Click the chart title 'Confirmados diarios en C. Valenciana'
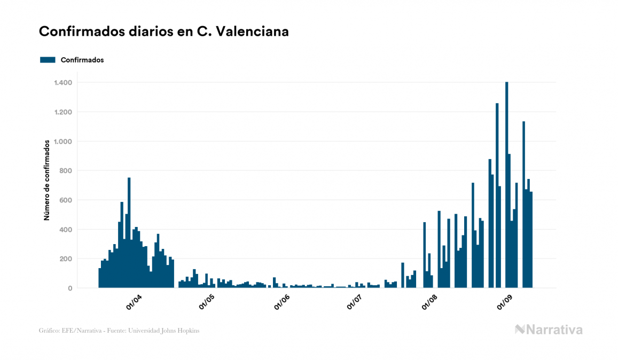pos(164,32)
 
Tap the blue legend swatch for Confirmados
pos(48,60)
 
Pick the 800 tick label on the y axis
pos(65,171)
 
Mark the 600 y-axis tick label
pos(65,200)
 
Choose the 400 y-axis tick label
pos(65,230)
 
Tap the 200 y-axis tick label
pos(65,259)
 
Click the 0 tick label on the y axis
pos(69,288)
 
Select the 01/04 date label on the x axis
pos(134,303)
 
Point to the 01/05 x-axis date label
pos(207,303)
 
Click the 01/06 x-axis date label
pos(281,303)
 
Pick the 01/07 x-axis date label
pos(355,303)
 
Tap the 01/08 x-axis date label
pos(429,303)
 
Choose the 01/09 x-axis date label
pos(504,303)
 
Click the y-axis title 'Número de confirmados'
pos(46,180)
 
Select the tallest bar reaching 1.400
pos(506,187)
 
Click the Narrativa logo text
pos(554,330)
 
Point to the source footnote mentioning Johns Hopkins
pos(119,331)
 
